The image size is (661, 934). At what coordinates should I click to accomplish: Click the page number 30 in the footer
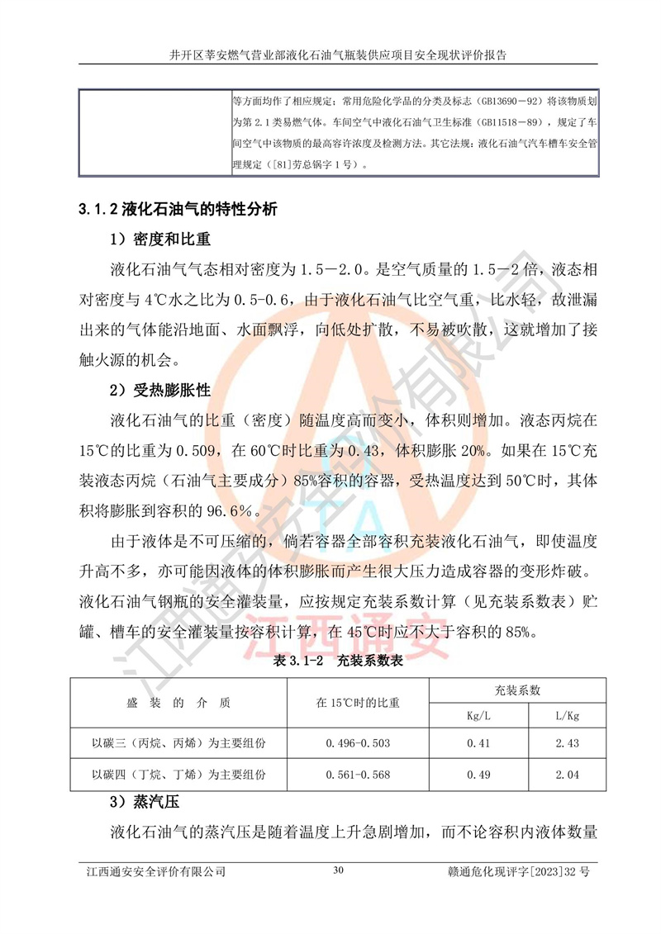pos(336,870)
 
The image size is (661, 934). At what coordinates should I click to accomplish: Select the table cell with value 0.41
pos(478,743)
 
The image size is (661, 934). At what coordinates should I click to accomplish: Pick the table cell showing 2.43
pos(566,743)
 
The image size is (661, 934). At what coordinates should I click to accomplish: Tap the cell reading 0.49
pos(478,775)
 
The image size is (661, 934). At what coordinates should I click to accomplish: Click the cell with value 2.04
pos(566,775)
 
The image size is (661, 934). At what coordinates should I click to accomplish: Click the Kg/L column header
pos(478,715)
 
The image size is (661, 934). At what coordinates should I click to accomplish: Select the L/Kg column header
pos(566,715)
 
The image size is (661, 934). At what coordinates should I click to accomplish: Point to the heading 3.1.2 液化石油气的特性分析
pos(178,209)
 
